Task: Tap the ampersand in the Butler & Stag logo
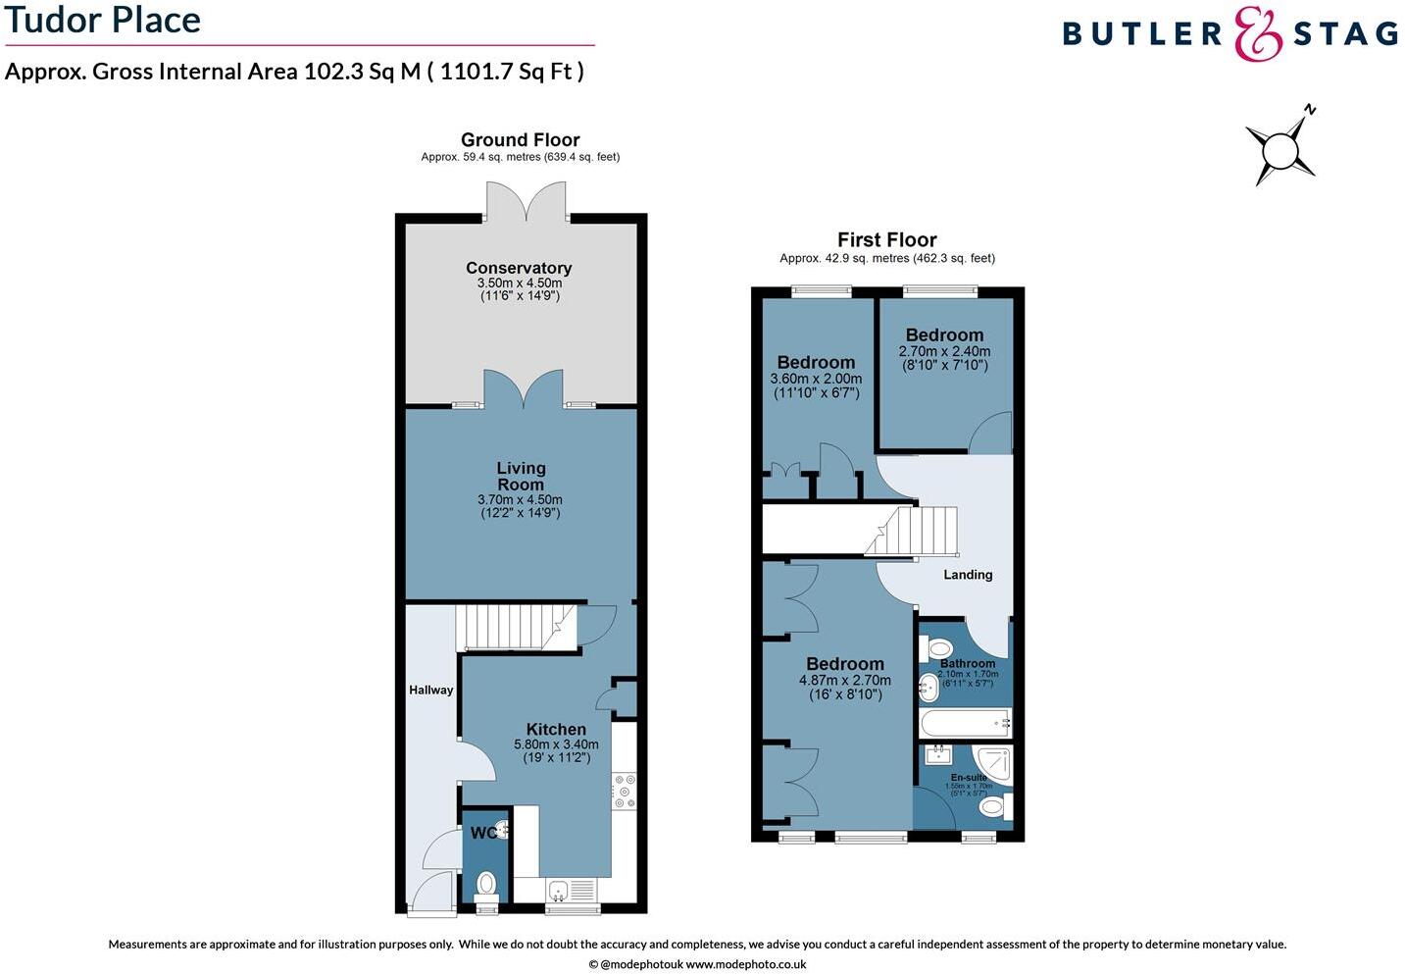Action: tap(1258, 34)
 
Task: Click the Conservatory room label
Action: tap(519, 268)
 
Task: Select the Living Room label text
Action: tap(521, 477)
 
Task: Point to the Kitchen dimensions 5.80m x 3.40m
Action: tap(556, 744)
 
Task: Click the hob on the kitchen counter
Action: tap(624, 792)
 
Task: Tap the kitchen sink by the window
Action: tap(558, 891)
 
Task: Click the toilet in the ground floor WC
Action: tap(486, 886)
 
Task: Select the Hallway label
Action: tap(431, 691)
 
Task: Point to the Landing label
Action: tap(968, 575)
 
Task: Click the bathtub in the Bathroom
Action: tap(965, 724)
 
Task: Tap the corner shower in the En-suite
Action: tap(992, 762)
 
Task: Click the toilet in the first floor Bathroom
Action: tap(936, 648)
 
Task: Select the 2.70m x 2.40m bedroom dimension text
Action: tap(944, 351)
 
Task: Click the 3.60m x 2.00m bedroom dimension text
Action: tap(816, 379)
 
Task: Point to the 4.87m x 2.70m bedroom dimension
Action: tap(845, 680)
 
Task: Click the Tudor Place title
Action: tap(103, 20)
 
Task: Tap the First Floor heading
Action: tap(886, 239)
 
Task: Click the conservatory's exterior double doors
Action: tap(527, 200)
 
